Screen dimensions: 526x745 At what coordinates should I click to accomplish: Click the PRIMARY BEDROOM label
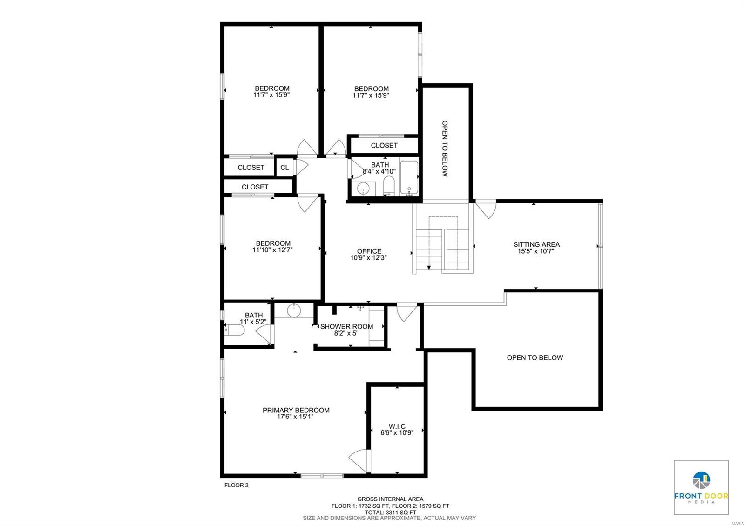click(296, 410)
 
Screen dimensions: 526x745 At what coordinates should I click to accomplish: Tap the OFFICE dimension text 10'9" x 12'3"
click(369, 257)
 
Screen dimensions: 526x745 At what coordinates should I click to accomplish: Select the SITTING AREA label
click(536, 244)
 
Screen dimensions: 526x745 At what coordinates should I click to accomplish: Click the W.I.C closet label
click(397, 426)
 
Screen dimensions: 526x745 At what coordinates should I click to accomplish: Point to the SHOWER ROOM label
click(346, 326)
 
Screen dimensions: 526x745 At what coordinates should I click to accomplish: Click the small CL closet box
click(284, 168)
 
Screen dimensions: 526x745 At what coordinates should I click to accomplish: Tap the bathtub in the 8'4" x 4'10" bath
click(409, 178)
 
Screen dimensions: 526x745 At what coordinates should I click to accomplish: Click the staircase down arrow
click(428, 267)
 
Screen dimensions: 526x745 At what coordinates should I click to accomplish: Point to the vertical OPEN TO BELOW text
click(445, 149)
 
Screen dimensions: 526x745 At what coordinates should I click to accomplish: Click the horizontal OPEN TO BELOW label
click(535, 357)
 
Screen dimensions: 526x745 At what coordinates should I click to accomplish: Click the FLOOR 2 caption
click(237, 485)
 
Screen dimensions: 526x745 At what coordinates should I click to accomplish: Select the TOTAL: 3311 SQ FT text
click(390, 512)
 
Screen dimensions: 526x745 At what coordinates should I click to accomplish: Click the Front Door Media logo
click(701, 487)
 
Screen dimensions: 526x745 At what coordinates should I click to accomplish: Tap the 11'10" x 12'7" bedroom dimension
click(272, 250)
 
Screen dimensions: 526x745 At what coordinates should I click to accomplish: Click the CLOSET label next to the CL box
click(251, 168)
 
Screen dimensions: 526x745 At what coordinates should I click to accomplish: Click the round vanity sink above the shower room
click(294, 310)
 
